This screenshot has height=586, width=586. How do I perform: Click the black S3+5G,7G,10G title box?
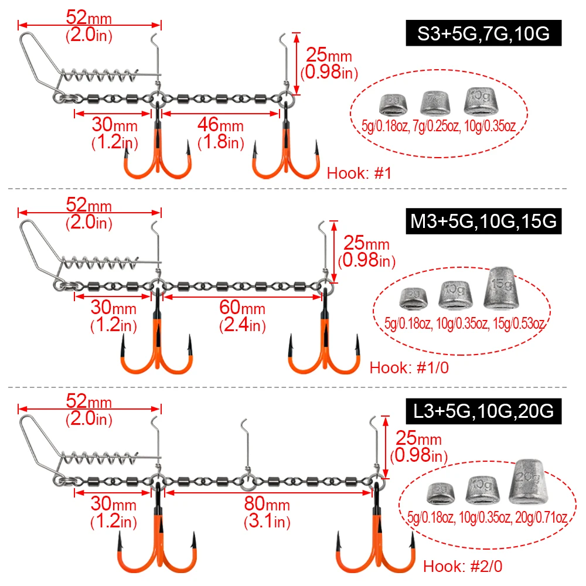tap(483, 33)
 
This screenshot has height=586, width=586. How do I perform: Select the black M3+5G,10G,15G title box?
tap(483, 222)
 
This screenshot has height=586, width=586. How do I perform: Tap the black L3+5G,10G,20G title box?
tap(483, 411)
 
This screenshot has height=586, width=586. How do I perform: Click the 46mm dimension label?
tap(220, 125)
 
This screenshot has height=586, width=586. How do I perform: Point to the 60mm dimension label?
tap(242, 308)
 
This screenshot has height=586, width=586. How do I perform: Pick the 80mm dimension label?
tap(267, 504)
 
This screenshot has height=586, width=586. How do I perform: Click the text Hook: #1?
tap(359, 173)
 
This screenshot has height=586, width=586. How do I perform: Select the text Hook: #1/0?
tap(409, 368)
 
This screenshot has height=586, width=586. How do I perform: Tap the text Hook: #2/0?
tap(463, 567)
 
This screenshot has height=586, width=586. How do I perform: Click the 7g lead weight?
tap(435, 103)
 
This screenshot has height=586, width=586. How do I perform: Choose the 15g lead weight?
tap(500, 288)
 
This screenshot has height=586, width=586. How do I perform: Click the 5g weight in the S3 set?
tap(394, 105)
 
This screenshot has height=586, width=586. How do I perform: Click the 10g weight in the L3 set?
tap(482, 490)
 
